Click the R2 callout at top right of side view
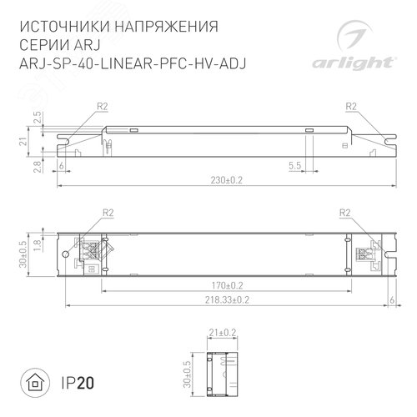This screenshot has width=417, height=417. pyautogui.click(x=351, y=106)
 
